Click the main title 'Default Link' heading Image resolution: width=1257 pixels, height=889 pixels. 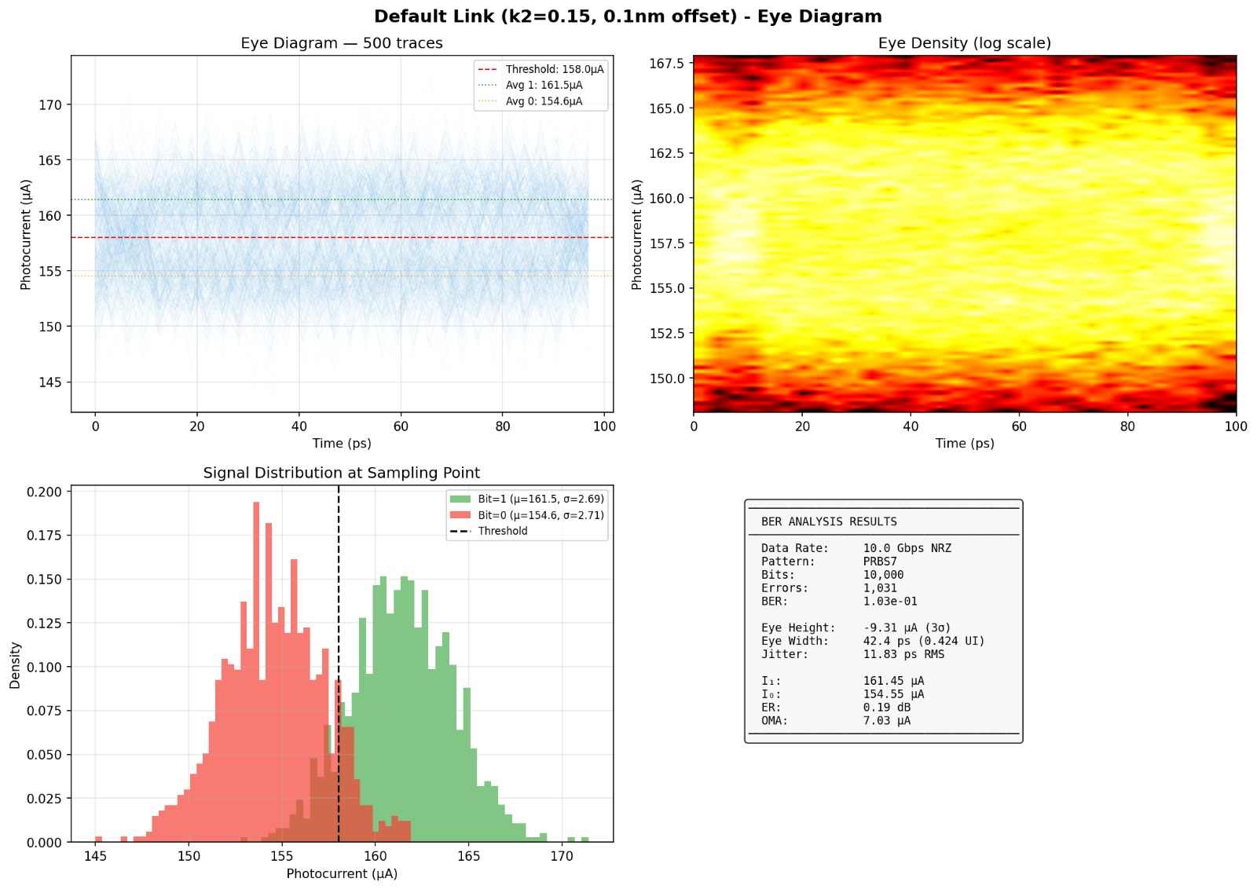(628, 16)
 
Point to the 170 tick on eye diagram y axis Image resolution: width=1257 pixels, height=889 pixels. (49, 104)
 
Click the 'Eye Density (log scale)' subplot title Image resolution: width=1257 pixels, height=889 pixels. (964, 43)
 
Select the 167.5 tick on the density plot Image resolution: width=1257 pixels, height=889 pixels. (666, 63)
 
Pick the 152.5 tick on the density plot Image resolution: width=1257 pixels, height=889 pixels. (666, 333)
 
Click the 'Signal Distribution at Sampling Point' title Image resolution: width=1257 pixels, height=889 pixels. (341, 473)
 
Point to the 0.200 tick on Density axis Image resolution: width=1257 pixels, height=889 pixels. (44, 492)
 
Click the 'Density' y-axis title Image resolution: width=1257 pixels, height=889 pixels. (15, 665)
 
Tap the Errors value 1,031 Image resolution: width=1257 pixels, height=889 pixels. (879, 588)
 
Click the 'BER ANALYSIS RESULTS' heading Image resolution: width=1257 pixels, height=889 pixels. (828, 521)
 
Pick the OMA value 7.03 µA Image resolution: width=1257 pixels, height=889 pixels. (886, 721)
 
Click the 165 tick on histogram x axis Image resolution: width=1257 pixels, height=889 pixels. (468, 857)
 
